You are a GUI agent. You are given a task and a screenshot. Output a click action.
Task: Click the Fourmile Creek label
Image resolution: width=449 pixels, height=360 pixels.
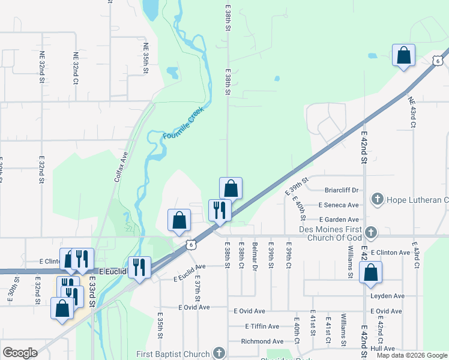pos(184,124)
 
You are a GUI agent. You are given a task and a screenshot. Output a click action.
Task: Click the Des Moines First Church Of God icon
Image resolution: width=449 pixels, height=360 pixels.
pos(372,232)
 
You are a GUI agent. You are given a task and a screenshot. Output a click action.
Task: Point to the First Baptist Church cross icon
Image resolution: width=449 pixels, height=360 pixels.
pos(219,354)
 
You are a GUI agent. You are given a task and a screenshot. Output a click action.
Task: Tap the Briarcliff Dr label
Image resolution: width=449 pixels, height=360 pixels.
pos(340,190)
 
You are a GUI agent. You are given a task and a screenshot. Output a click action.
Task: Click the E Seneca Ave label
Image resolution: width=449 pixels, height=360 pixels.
pos(339,205)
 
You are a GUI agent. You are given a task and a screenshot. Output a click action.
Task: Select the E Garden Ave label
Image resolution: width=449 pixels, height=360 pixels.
pos(339,220)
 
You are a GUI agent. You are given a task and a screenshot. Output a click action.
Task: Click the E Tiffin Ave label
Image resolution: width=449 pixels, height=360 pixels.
pos(262,326)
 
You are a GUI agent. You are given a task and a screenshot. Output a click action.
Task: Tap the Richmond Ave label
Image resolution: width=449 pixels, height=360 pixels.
pos(262,341)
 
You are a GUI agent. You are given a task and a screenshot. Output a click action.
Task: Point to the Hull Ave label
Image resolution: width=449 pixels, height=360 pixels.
pos(382,349)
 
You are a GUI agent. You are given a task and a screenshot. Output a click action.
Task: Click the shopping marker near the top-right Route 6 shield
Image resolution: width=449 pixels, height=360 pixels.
pos(403,55)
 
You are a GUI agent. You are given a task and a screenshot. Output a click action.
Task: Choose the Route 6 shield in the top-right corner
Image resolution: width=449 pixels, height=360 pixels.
pos(438,60)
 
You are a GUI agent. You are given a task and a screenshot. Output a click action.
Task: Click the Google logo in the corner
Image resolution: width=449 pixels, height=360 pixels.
pos(20,353)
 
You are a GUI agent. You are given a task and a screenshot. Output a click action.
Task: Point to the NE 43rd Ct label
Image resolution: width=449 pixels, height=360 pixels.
pos(411,112)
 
